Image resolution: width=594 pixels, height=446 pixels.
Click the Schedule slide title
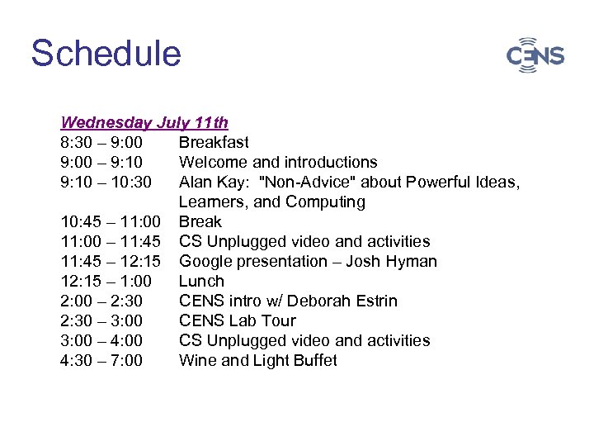click(106, 54)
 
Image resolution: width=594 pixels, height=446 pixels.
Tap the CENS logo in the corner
click(535, 55)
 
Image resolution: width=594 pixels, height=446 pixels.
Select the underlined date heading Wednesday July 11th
click(144, 123)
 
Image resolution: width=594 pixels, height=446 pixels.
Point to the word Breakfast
click(214, 143)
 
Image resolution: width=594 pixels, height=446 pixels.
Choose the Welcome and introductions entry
click(278, 163)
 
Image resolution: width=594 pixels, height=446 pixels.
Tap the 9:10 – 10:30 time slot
click(106, 183)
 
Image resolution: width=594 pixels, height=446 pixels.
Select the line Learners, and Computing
click(271, 202)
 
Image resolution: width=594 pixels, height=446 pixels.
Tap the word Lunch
click(201, 282)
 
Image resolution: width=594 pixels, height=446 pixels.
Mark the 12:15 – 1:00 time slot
click(106, 282)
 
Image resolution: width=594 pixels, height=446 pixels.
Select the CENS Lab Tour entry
click(237, 321)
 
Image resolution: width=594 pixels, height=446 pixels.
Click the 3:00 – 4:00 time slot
click(101, 341)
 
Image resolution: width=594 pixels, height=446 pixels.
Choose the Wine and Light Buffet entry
click(257, 361)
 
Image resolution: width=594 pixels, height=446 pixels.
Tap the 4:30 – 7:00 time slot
click(101, 361)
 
